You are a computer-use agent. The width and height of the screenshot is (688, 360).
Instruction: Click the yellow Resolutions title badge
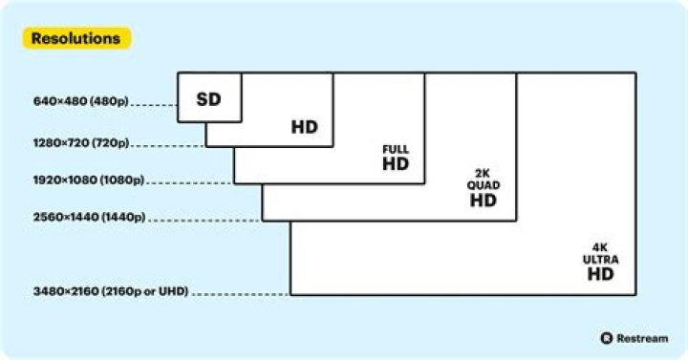click(x=76, y=38)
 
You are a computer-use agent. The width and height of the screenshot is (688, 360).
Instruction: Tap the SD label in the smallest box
click(x=208, y=99)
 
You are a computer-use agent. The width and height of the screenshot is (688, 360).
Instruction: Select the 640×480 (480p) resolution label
click(x=80, y=101)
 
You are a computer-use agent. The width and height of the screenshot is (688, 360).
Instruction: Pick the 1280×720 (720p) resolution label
click(x=81, y=143)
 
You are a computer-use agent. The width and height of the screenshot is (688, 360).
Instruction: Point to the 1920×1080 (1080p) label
click(x=89, y=180)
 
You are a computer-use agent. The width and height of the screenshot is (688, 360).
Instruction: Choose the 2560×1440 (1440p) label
click(x=89, y=217)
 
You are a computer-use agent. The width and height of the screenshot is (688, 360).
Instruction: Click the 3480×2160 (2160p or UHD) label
click(x=111, y=291)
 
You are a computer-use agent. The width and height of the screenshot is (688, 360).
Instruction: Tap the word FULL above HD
click(x=396, y=150)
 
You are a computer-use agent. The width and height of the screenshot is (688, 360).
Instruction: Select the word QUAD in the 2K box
click(x=484, y=185)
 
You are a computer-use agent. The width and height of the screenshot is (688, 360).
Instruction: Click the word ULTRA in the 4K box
click(x=601, y=259)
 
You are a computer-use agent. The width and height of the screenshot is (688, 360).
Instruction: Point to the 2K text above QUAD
click(x=483, y=174)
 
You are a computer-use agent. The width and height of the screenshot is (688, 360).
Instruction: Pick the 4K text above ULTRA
click(x=600, y=247)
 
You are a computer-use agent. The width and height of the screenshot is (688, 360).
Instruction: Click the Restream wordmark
click(x=642, y=338)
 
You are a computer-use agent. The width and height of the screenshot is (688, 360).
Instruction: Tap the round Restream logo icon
click(x=607, y=338)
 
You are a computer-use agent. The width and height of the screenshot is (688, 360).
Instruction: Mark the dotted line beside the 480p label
click(x=154, y=105)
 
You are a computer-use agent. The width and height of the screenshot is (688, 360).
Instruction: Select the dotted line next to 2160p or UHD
click(x=241, y=294)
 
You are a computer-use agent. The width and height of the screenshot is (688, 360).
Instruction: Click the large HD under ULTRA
click(x=601, y=274)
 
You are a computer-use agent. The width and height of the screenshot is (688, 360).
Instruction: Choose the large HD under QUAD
click(x=484, y=201)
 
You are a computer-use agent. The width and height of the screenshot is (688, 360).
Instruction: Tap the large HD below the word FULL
click(x=396, y=164)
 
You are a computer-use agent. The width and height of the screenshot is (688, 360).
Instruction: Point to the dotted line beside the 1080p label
click(x=190, y=182)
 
